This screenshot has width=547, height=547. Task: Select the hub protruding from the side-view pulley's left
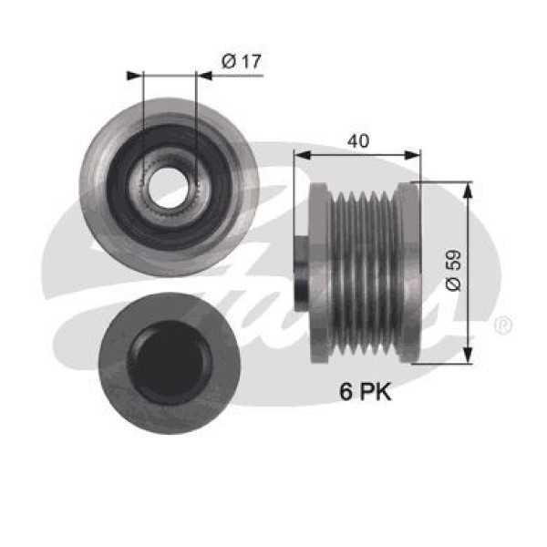tap(302, 273)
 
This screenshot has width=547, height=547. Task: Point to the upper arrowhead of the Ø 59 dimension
tap(468, 188)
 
